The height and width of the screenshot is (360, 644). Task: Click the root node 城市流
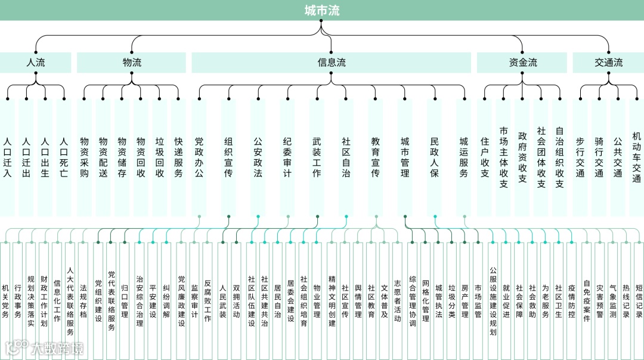point(322,10)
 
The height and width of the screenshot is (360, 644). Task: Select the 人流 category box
point(36,63)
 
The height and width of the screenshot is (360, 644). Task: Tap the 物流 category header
point(132,63)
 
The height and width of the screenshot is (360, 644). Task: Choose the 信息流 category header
point(332,63)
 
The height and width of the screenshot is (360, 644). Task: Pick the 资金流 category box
point(523,63)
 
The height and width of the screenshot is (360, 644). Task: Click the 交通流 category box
point(608,63)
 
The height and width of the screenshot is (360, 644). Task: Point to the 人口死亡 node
point(64,157)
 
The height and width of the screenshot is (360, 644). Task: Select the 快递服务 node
point(178,157)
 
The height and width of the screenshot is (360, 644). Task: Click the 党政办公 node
point(199,157)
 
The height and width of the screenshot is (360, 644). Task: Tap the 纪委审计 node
point(287,157)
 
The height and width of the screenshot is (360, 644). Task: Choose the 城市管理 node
point(405,157)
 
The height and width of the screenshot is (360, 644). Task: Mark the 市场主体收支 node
point(503,157)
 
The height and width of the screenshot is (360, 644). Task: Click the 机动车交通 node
point(636,157)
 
